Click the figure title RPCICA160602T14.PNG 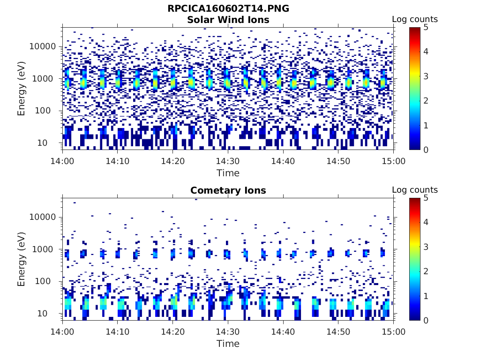(x=228, y=9)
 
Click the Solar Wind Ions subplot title (x=228, y=20)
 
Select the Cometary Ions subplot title (x=228, y=190)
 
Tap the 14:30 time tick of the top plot (x=228, y=161)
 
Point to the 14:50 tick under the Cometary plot (x=338, y=331)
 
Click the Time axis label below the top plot (x=228, y=173)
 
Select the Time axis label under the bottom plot (x=228, y=344)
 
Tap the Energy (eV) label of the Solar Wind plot (x=21, y=88)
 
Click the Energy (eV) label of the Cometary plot (x=21, y=259)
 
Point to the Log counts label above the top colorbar (x=414, y=19)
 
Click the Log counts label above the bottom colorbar (x=414, y=190)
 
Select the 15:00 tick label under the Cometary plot (x=393, y=331)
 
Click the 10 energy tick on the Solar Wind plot (x=52, y=142)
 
